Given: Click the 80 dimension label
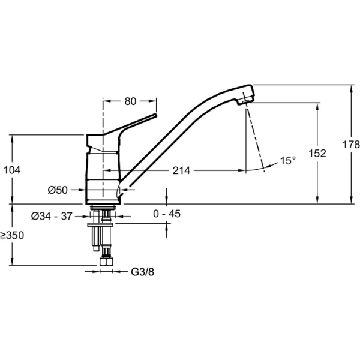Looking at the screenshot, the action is (130, 101).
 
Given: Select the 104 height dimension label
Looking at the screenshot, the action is (12, 170).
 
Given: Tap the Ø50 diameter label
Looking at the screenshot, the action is (58, 190).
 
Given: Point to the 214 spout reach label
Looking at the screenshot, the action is (181, 170).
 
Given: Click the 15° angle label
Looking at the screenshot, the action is (288, 160).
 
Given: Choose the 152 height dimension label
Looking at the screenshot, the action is (317, 154).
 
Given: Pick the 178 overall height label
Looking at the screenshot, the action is (351, 145).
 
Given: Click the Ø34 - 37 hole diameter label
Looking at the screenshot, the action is (52, 216).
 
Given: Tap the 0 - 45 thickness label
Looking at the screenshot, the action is (167, 214).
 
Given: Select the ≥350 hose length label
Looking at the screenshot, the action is (12, 235).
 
